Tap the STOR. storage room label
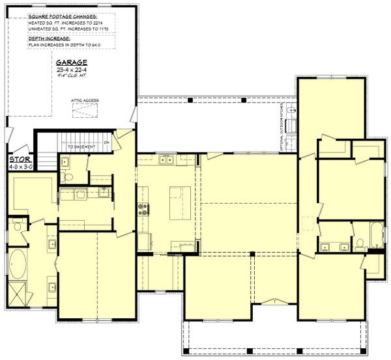tap(18, 159)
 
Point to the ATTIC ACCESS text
tap(85, 100)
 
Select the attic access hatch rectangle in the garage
tap(85, 111)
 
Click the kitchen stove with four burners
tap(143, 210)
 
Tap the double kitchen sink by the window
tap(166, 159)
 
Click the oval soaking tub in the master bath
tap(18, 266)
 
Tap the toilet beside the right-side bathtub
tap(359, 245)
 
